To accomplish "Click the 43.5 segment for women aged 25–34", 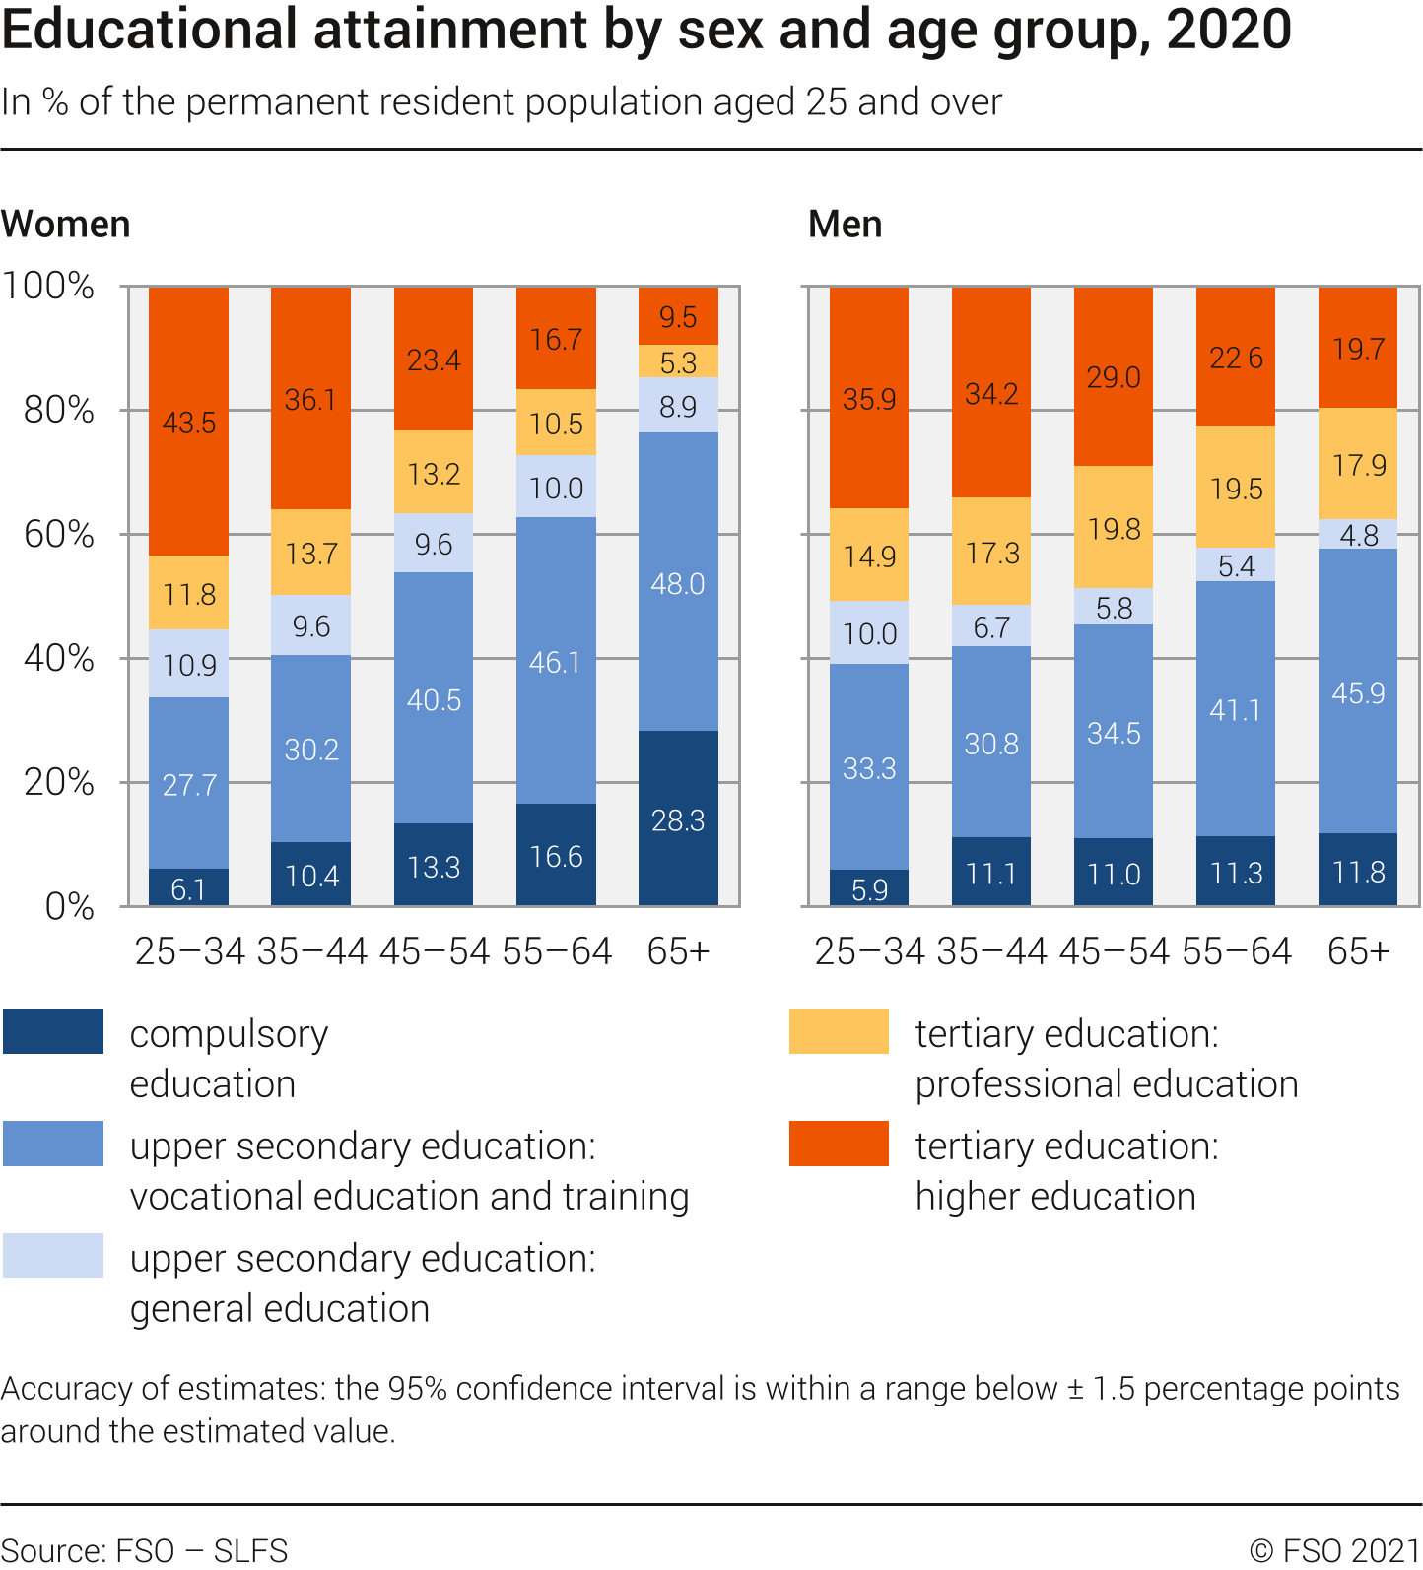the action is click(188, 422).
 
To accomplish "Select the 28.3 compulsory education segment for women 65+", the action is click(678, 818).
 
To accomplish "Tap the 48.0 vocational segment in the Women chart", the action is click(678, 581).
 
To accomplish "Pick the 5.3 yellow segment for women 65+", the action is click(678, 361).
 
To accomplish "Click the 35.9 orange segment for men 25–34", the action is click(869, 398).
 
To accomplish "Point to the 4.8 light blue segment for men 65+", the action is click(1358, 534).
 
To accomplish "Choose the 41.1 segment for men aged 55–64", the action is click(1236, 709).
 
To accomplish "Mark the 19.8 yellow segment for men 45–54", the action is click(1114, 528).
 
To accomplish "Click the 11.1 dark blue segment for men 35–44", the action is click(991, 872).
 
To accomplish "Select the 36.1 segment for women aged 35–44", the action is click(310, 399).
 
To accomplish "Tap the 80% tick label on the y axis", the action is click(59, 410).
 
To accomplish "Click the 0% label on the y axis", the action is click(70, 906).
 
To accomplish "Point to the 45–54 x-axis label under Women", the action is click(434, 951).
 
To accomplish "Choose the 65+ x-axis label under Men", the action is click(1358, 951).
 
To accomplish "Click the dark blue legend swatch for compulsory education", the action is click(53, 1031).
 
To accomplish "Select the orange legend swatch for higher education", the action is click(839, 1144).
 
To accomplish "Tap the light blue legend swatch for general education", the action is click(53, 1256).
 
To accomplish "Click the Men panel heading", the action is click(846, 225).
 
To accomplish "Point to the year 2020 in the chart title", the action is click(1229, 30).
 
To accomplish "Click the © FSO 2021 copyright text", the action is click(1334, 1550).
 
